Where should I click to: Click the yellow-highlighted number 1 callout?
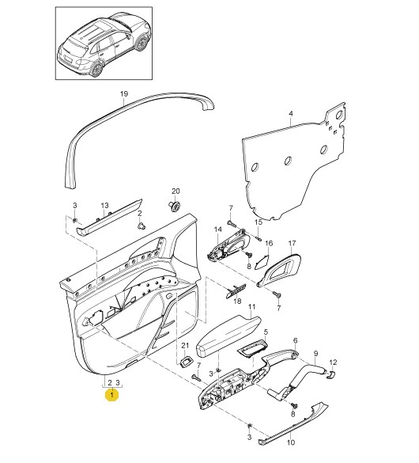(x=111, y=395)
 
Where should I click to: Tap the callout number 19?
(x=124, y=94)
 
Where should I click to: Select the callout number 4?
(x=291, y=113)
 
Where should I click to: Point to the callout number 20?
(x=176, y=191)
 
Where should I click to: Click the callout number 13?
(x=104, y=205)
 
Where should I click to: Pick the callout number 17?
(x=292, y=243)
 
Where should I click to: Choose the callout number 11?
(x=251, y=307)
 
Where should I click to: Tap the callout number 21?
(x=185, y=345)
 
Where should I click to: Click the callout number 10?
(x=291, y=442)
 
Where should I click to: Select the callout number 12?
(x=333, y=362)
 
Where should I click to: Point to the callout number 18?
(x=237, y=301)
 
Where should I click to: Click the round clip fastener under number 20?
(x=175, y=206)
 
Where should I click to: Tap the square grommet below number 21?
(x=185, y=362)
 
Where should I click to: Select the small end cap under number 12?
(x=330, y=374)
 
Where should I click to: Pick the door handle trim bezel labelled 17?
(x=280, y=270)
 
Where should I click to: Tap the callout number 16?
(x=269, y=243)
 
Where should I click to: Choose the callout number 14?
(x=217, y=230)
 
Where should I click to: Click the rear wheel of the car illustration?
(x=96, y=69)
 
